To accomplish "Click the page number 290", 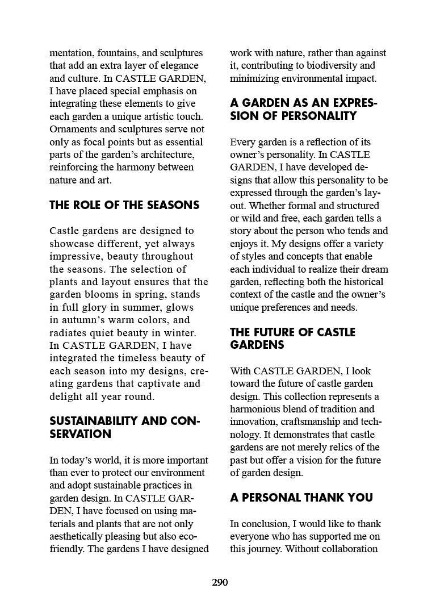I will pyautogui.click(x=220, y=582).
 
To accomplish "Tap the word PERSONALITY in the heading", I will pyautogui.click(x=323, y=116).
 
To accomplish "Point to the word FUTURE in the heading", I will pyautogui.click(x=278, y=332).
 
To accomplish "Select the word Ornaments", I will pyautogui.click(x=73, y=129).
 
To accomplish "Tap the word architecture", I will pyautogui.click(x=167, y=155).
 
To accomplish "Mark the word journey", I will pyautogui.click(x=265, y=549).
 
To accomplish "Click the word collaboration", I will pyautogui.click(x=347, y=549).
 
